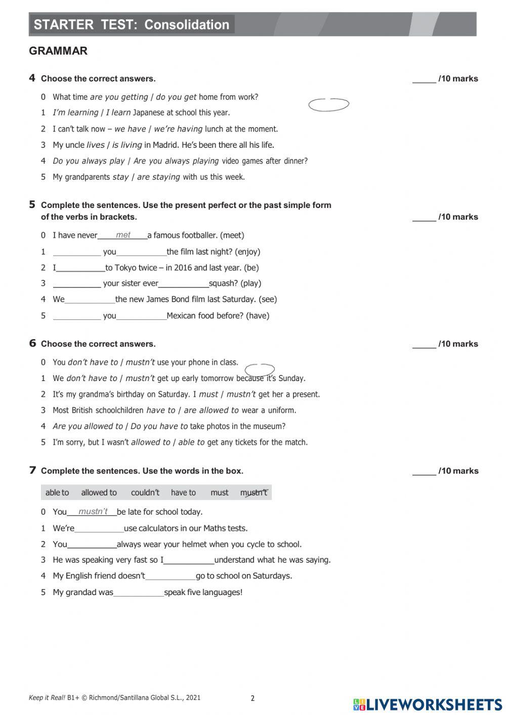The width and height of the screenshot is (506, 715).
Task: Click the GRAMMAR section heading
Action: (58, 51)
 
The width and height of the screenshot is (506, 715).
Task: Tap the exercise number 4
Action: (32, 78)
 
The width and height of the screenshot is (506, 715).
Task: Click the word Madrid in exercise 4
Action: (170, 145)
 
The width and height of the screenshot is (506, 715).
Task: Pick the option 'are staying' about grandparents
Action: (158, 177)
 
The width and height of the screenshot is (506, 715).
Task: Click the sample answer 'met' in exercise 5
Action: (123, 235)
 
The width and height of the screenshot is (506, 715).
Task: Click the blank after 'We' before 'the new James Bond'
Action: (90, 300)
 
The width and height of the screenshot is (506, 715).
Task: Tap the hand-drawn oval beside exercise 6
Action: (260, 369)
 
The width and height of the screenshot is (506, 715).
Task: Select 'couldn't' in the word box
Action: (145, 492)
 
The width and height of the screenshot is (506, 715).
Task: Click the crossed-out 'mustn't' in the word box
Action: (254, 492)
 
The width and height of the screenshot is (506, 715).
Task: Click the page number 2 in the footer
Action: (252, 698)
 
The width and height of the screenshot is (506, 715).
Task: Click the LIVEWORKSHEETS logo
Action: (428, 704)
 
